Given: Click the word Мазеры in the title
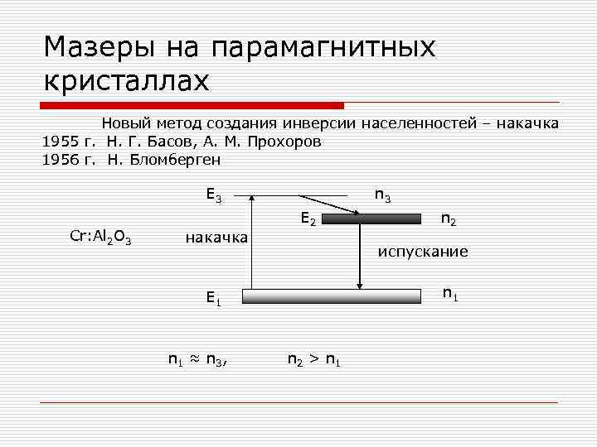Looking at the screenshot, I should [95, 47].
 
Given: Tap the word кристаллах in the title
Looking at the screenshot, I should [126, 81].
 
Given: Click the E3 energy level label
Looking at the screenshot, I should [214, 196].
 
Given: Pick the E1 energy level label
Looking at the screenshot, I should [214, 299].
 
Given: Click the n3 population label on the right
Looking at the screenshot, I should [383, 195].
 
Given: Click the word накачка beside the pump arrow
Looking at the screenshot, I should [216, 238].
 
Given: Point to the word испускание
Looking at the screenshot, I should [423, 251].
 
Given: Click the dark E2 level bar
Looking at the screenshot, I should [371, 219].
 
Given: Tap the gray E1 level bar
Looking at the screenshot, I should [332, 296].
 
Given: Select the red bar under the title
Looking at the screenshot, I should [192, 105].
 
